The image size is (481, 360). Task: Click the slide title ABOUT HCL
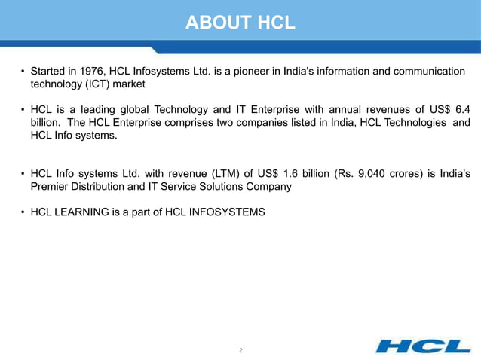(x=240, y=21)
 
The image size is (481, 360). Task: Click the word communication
(x=428, y=72)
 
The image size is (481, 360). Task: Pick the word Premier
(x=49, y=187)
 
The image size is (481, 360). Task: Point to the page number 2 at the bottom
(x=240, y=350)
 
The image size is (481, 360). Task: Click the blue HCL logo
(x=423, y=346)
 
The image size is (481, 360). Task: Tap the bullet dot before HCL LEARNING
(x=22, y=212)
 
